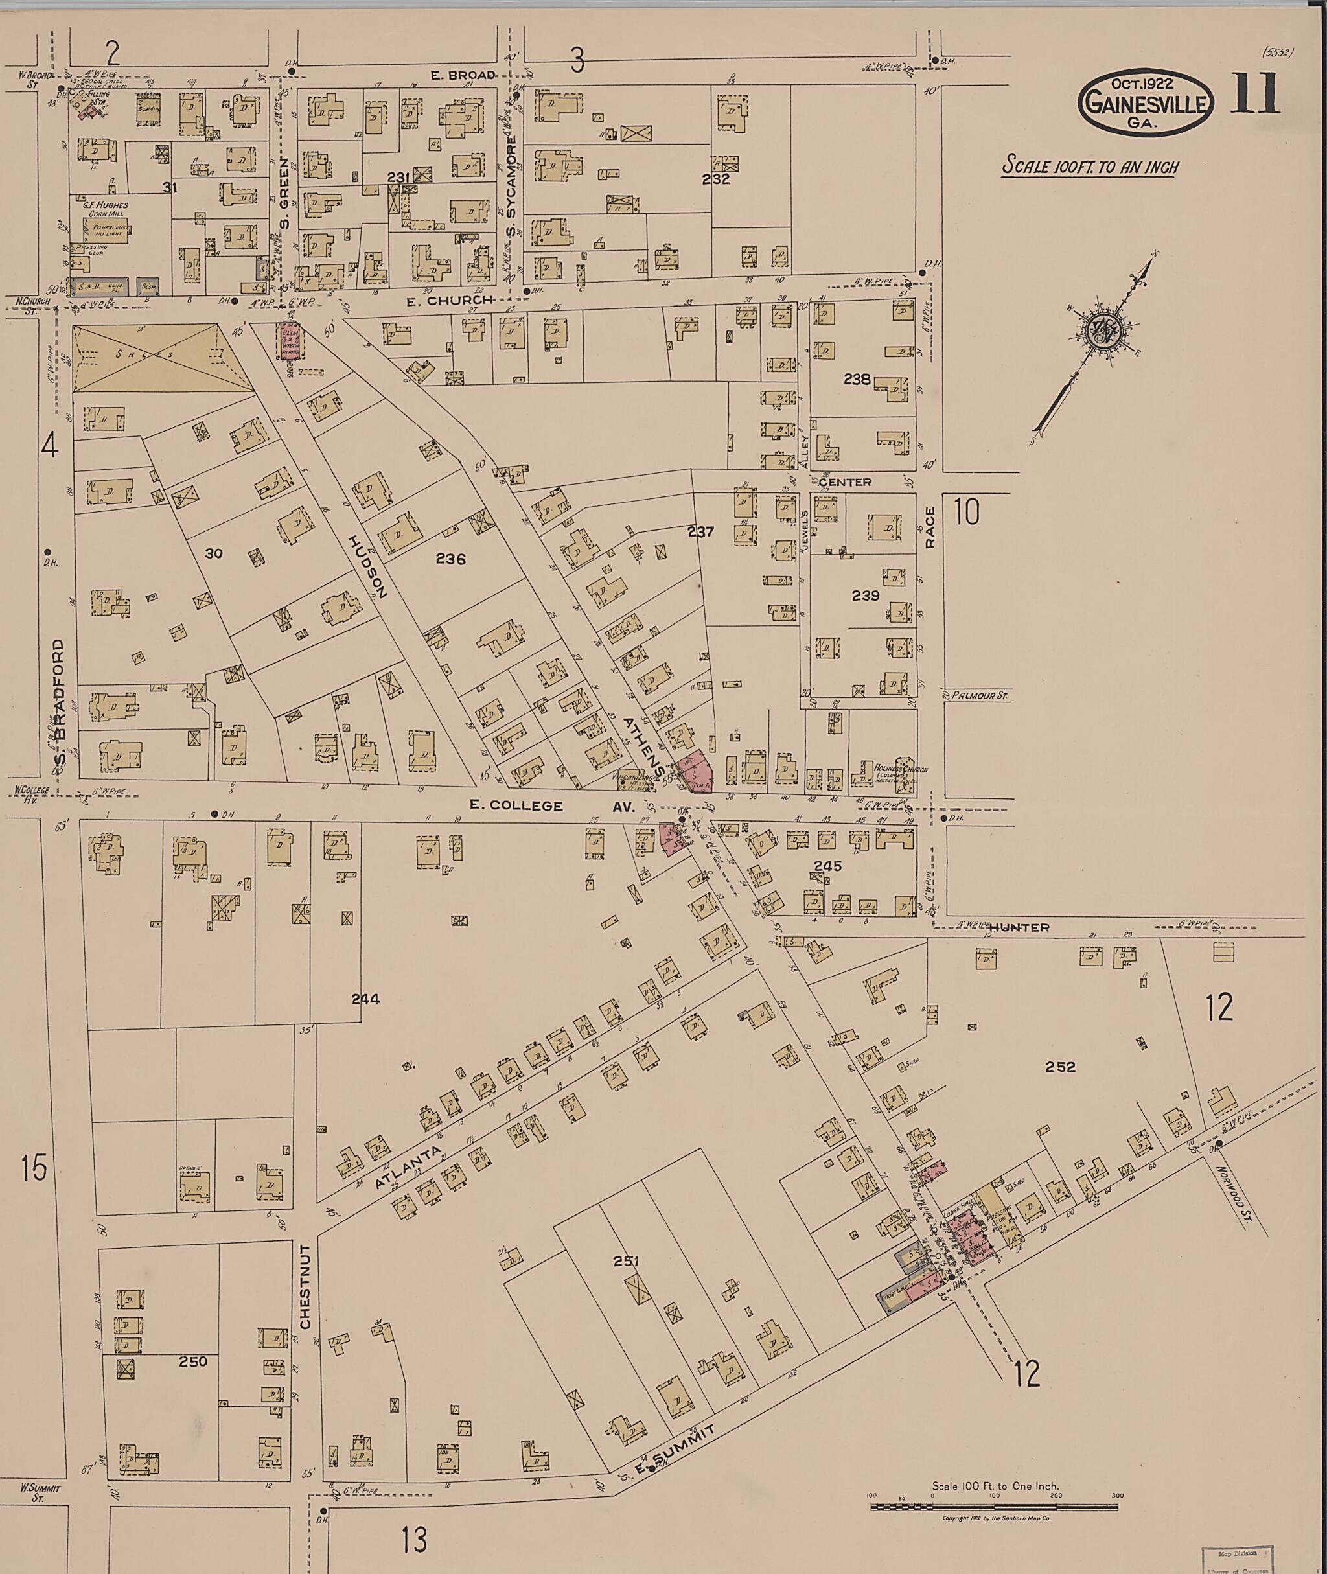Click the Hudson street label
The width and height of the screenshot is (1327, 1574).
(x=368, y=566)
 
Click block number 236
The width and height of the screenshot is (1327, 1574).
(x=450, y=559)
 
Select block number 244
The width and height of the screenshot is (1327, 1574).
(x=365, y=999)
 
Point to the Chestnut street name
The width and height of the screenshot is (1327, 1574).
(x=305, y=1286)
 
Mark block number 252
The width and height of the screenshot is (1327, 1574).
(x=1060, y=1066)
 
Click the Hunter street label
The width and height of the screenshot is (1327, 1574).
(x=1019, y=928)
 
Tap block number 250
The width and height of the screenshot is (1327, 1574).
(x=193, y=1361)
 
